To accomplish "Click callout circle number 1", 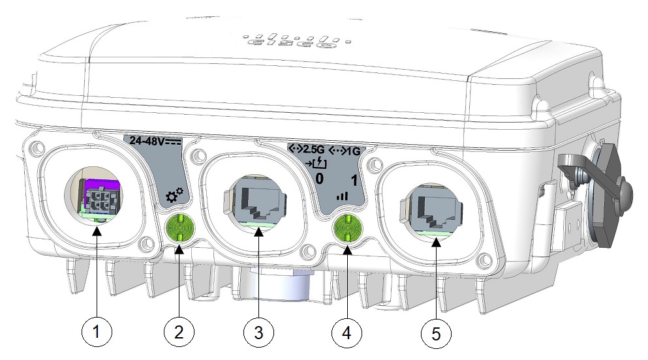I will tap(97, 332).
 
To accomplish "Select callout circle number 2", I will tap(178, 332).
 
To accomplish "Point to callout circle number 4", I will tap(347, 332).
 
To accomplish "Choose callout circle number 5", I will tap(435, 332).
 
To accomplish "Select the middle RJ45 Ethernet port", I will tap(260, 199).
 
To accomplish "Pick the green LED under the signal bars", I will tap(347, 229).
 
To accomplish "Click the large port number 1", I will tap(354, 181).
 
